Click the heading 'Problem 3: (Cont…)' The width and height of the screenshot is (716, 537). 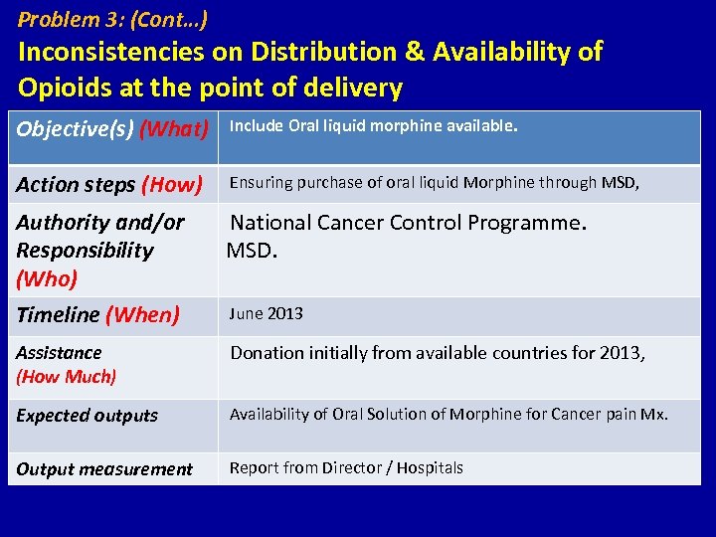pyautogui.click(x=113, y=19)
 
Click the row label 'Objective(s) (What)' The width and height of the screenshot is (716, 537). pyautogui.click(x=112, y=129)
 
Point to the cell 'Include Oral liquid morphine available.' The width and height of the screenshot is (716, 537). pyautogui.click(x=374, y=126)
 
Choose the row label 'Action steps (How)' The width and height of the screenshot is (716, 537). pyautogui.click(x=109, y=184)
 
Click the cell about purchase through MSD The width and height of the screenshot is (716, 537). pyautogui.click(x=435, y=182)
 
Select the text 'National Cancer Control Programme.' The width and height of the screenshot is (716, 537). pyautogui.click(x=409, y=223)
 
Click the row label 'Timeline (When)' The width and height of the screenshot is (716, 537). pyautogui.click(x=97, y=315)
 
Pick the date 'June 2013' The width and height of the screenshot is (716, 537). pyautogui.click(x=267, y=314)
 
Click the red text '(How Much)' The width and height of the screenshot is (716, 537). pyautogui.click(x=67, y=377)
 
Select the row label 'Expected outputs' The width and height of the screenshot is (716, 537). pyautogui.click(x=87, y=416)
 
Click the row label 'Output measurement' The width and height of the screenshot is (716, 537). pyautogui.click(x=104, y=469)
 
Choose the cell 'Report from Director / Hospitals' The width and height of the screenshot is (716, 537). pyautogui.click(x=346, y=467)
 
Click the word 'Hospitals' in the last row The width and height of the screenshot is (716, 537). pyautogui.click(x=430, y=467)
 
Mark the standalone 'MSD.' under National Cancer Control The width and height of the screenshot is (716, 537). pyautogui.click(x=252, y=250)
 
